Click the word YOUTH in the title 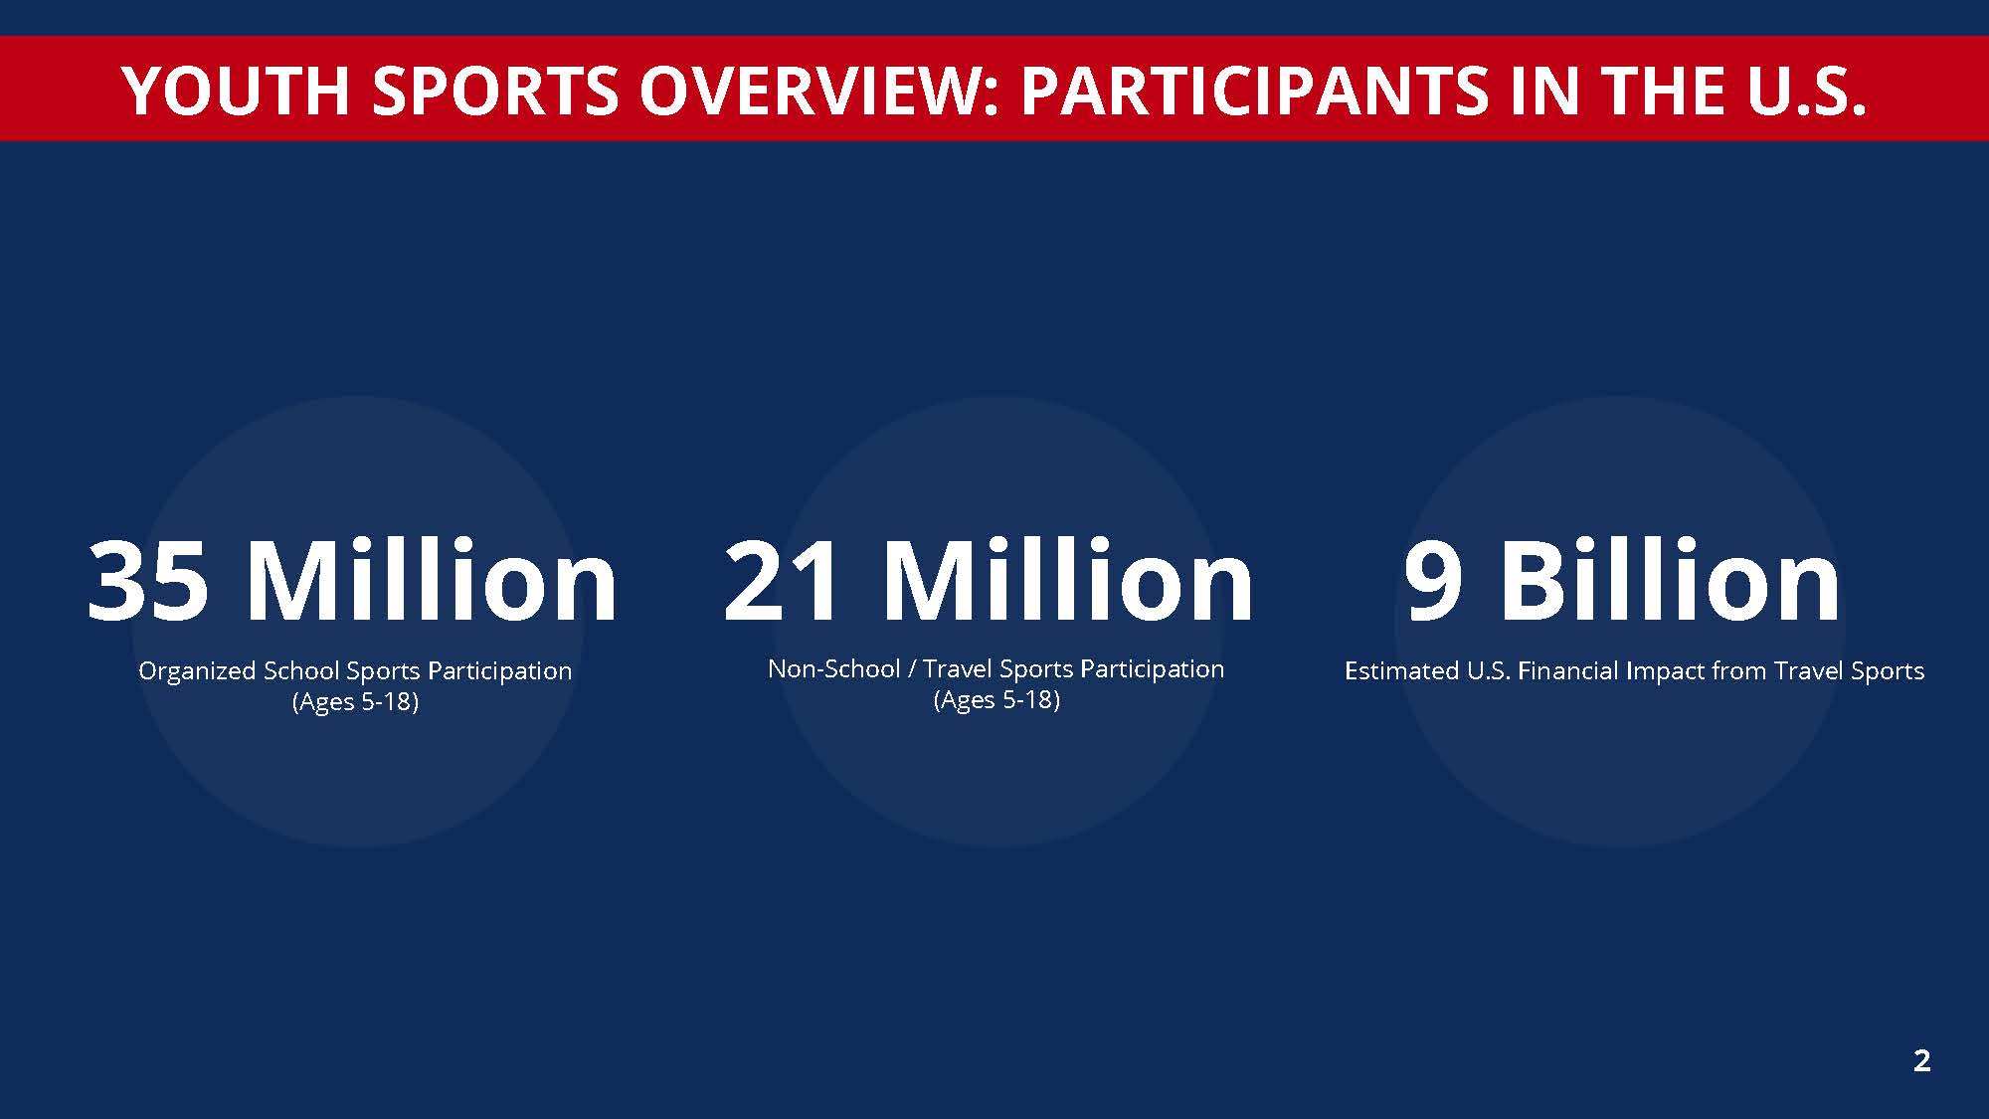(x=236, y=91)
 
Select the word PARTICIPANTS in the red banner (x=1255, y=91)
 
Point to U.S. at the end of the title (x=1806, y=91)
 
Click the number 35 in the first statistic (x=148, y=581)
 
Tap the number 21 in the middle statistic (x=782, y=581)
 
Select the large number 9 (x=1433, y=581)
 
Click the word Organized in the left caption (x=198, y=672)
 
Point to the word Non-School (x=833, y=668)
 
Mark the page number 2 (x=1921, y=1060)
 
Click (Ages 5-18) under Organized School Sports (x=355, y=702)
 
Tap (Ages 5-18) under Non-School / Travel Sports (x=996, y=700)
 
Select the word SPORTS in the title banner (x=495, y=91)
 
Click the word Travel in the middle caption (x=958, y=668)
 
